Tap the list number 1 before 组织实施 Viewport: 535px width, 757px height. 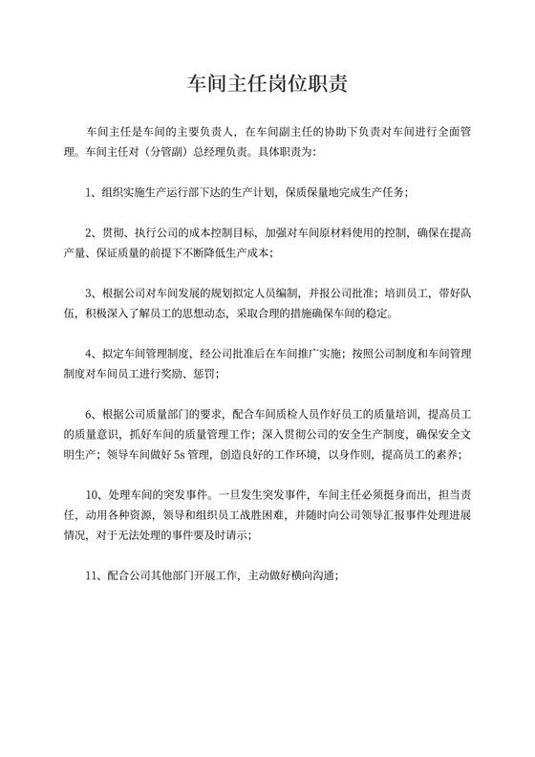coord(89,193)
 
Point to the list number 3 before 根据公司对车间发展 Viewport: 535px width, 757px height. coord(89,294)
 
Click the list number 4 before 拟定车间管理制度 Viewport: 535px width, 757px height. coord(89,354)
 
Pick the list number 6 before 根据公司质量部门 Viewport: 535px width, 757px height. coord(89,414)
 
